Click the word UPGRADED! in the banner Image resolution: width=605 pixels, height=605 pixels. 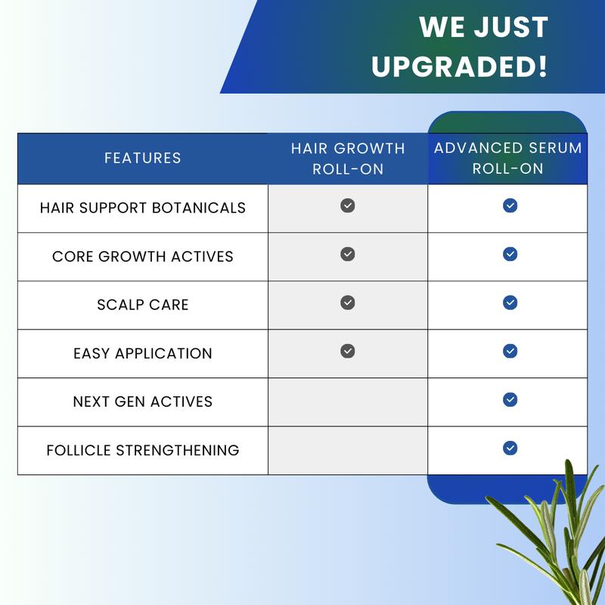tap(459, 66)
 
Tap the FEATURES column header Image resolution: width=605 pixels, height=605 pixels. tap(142, 158)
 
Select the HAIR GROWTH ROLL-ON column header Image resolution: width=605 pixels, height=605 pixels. tap(348, 158)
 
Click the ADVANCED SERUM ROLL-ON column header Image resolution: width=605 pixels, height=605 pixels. tap(507, 157)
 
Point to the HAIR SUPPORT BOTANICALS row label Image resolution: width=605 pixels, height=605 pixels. tap(142, 207)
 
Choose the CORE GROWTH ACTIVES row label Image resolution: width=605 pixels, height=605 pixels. tap(142, 256)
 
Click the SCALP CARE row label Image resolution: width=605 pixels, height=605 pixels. tap(142, 305)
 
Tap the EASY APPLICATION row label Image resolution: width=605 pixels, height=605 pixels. tap(142, 353)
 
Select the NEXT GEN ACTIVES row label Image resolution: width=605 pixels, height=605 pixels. tap(142, 402)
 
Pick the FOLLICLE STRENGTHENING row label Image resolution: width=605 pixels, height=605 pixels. tap(142, 450)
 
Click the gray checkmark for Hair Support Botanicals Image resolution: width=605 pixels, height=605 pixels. tap(348, 206)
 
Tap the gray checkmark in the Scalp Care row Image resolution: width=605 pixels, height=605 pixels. tap(348, 302)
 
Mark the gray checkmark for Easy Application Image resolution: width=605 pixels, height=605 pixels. tap(348, 351)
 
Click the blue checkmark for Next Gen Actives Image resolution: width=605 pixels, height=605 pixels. tap(510, 399)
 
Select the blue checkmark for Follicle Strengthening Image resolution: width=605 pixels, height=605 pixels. tap(510, 448)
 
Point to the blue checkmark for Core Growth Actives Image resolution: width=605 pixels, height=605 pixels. tap(510, 254)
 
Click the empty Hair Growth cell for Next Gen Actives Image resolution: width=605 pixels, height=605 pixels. tap(348, 402)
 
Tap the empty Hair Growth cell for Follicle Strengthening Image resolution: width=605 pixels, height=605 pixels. tap(348, 450)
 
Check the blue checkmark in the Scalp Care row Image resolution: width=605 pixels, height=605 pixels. tap(510, 302)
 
